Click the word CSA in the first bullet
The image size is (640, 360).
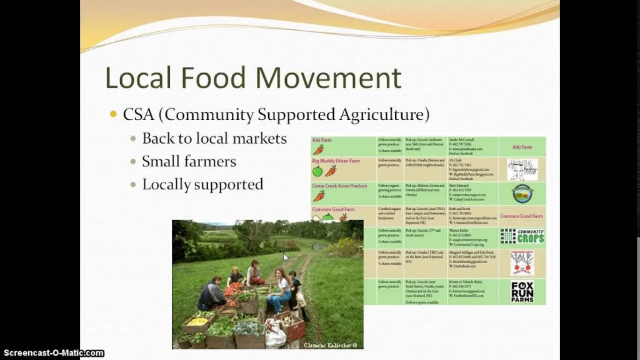[x=141, y=115]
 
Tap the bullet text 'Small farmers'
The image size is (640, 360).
[x=189, y=161]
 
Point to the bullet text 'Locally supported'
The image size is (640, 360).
[x=202, y=184]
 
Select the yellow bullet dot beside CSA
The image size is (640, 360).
[x=113, y=114]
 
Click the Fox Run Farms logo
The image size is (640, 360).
[x=522, y=291]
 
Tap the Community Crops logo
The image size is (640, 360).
[x=522, y=236]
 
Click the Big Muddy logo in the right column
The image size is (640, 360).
[x=522, y=169]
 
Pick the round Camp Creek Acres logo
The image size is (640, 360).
[x=522, y=193]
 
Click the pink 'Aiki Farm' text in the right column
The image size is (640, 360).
[x=522, y=147]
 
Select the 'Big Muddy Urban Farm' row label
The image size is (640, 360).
[x=336, y=161]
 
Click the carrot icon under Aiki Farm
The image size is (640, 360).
[x=319, y=149]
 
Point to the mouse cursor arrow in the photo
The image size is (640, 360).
[x=286, y=257]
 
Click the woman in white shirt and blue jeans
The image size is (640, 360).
[x=279, y=290]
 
